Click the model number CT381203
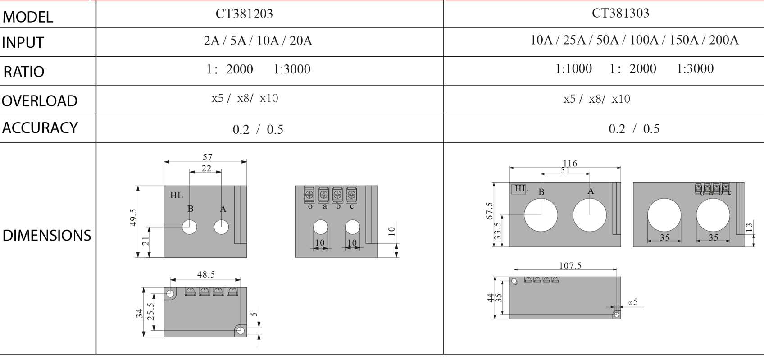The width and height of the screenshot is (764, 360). click(244, 14)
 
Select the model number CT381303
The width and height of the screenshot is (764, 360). click(620, 13)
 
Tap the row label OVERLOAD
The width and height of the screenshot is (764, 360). click(40, 101)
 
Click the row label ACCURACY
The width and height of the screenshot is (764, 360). click(40, 128)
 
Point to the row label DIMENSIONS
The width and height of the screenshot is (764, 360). click(47, 236)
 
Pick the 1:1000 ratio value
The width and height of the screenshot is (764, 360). click(574, 68)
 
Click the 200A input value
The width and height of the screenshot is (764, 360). click(724, 40)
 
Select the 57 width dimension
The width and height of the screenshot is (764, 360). click(207, 157)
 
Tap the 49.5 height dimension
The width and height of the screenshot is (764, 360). click(133, 217)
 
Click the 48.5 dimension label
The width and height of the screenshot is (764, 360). click(206, 275)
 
